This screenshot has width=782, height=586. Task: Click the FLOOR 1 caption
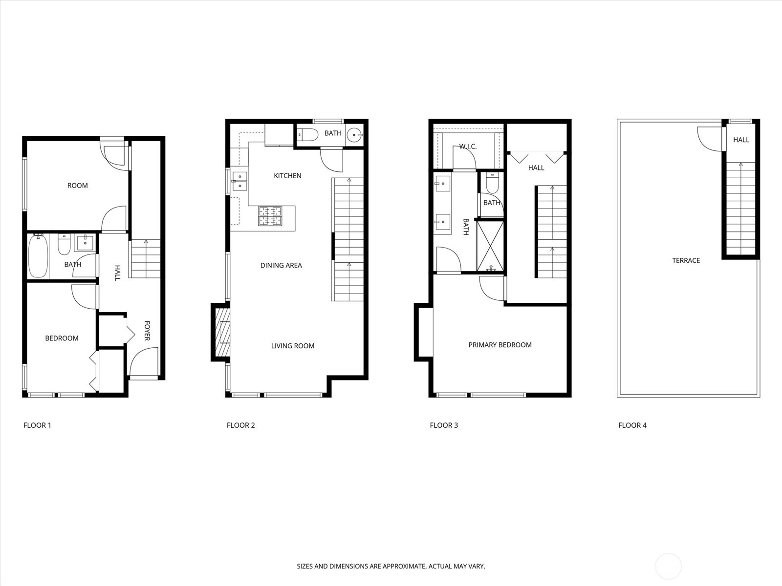pos(38,425)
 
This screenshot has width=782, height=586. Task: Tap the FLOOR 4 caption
pos(632,425)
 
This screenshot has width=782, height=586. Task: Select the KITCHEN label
pos(287,176)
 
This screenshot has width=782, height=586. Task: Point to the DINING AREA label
pos(281,266)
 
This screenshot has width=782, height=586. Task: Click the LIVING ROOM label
pos(293,346)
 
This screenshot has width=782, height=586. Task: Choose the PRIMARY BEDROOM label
pos(500,345)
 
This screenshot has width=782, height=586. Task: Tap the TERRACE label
pos(686,260)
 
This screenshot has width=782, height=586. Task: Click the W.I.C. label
pos(468,146)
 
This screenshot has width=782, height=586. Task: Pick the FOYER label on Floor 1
pos(147,331)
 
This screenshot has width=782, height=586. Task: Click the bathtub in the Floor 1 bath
pos(38,256)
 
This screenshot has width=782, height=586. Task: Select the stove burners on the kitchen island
pos(270,216)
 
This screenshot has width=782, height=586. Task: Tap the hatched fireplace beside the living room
pos(222,333)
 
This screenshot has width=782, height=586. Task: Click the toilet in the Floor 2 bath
pos(308,135)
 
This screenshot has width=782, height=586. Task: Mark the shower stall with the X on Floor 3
pos(490,246)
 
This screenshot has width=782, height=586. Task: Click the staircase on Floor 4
pos(740,209)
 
